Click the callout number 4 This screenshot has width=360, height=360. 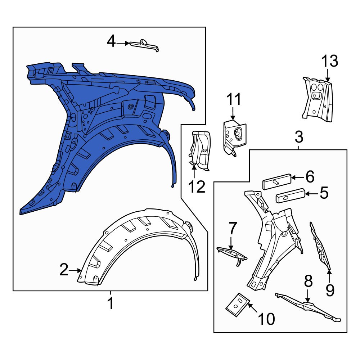112,42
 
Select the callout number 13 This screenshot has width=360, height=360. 330,62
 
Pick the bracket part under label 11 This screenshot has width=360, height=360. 235,136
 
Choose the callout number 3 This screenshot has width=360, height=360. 299,137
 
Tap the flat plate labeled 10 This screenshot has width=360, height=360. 238,305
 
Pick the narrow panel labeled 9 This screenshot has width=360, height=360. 321,248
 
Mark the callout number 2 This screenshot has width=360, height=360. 64,270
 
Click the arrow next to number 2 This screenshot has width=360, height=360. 75,270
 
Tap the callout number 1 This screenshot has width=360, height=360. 111,303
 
